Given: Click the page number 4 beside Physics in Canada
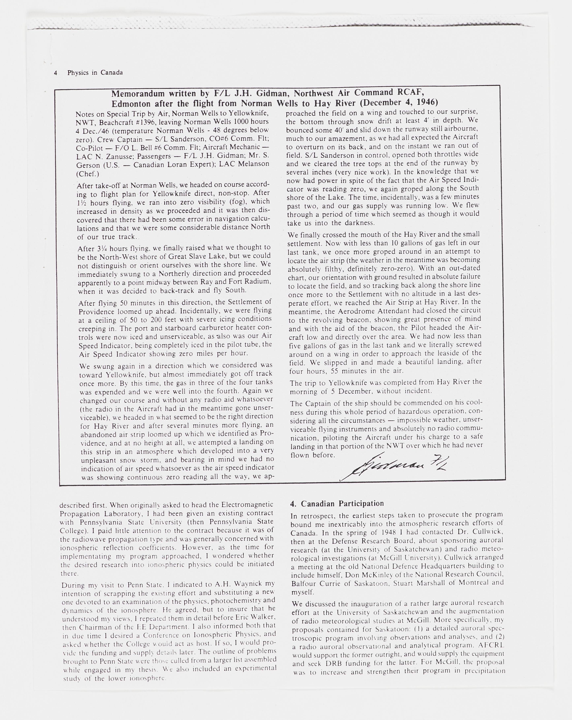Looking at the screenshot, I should [x=56, y=73].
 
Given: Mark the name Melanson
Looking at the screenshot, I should [x=253, y=164].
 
